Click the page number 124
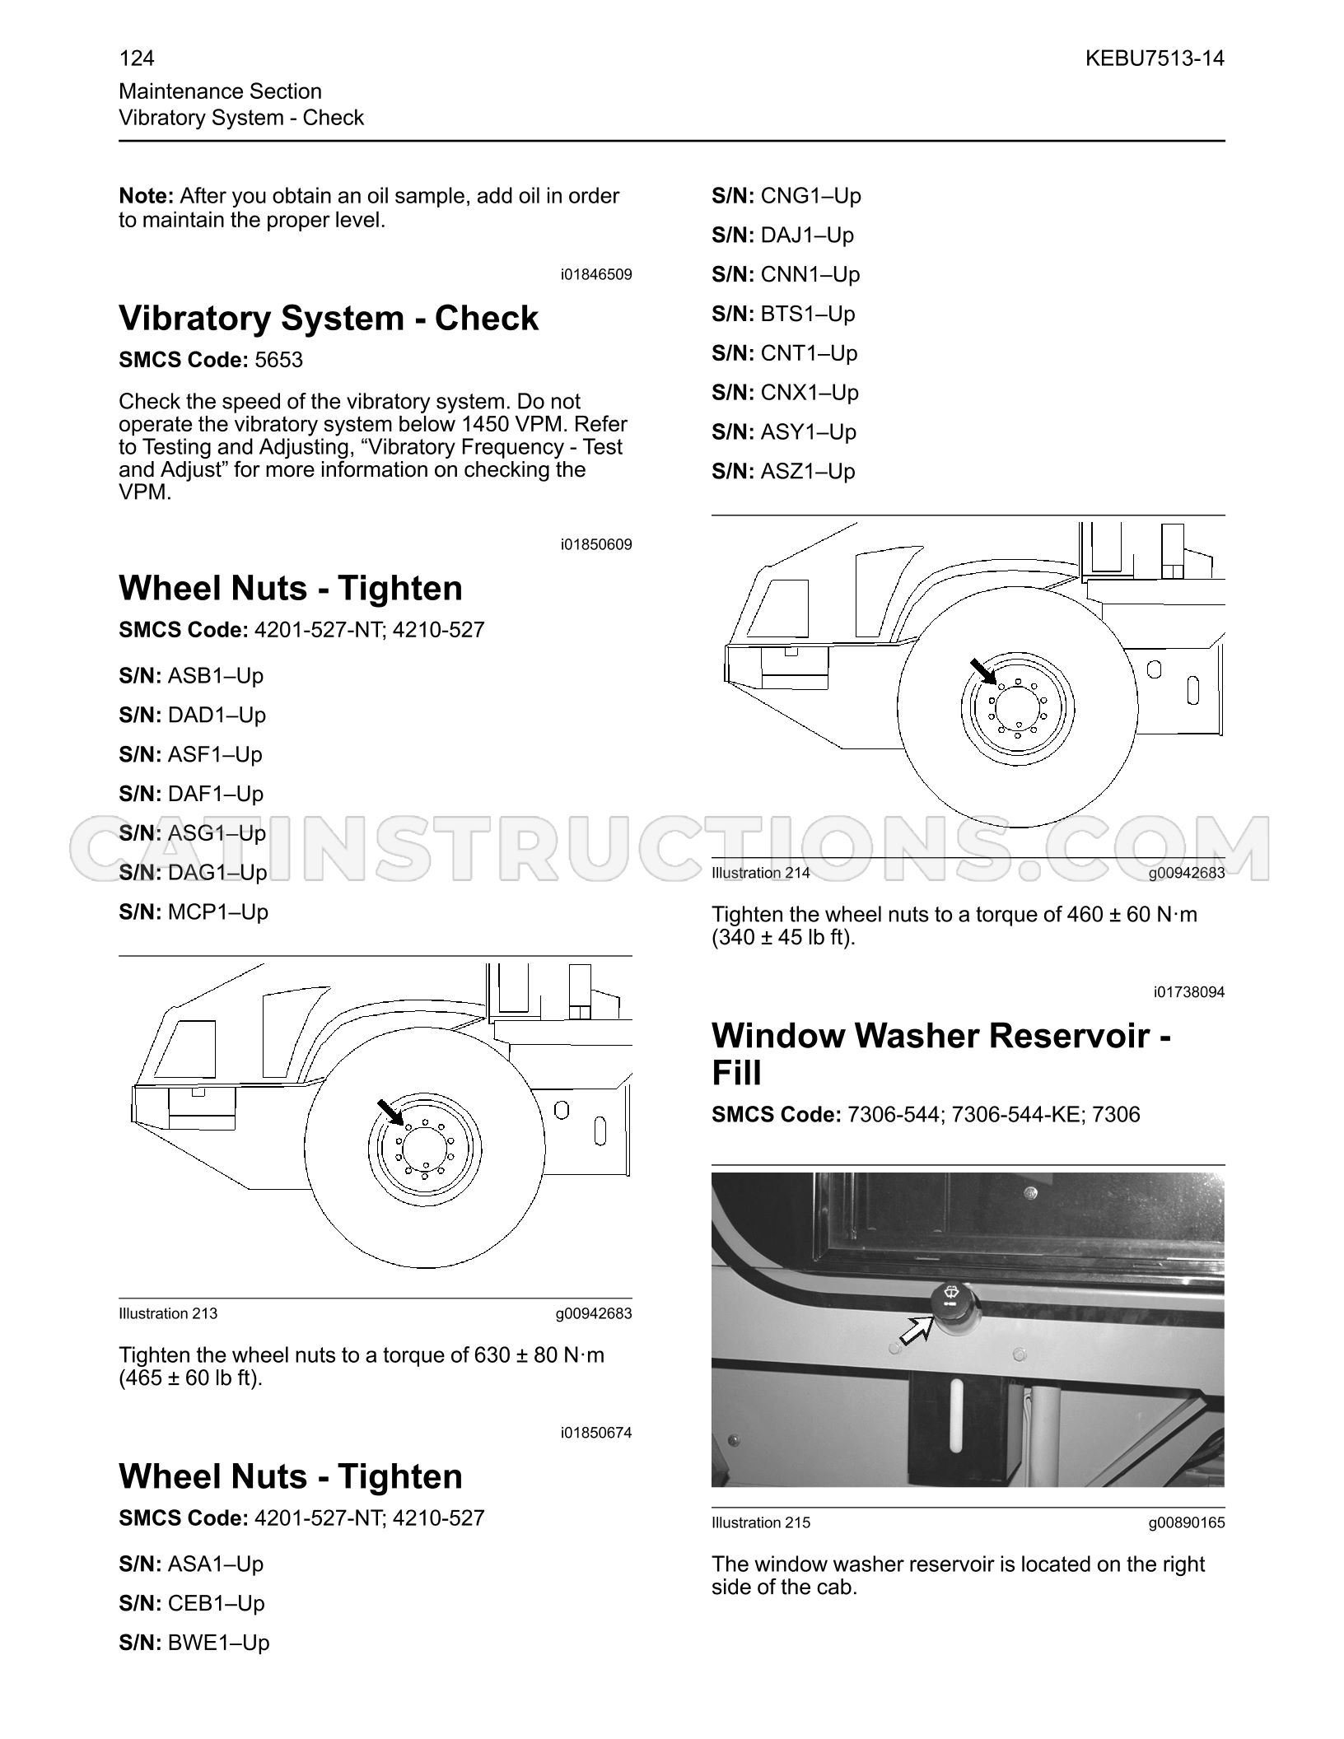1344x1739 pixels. [137, 58]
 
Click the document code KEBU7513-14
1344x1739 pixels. [1155, 58]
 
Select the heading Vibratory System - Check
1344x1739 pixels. [329, 318]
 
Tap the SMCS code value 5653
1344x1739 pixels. [279, 360]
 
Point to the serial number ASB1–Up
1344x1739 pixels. [216, 676]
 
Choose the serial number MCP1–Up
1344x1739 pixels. [218, 912]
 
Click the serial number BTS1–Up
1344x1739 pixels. [808, 314]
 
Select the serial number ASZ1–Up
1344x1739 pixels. [808, 472]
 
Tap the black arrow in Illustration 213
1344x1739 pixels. [390, 1112]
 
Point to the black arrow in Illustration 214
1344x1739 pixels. [982, 672]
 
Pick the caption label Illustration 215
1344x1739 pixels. [761, 1522]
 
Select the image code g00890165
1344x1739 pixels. [1187, 1522]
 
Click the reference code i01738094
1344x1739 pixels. [1189, 992]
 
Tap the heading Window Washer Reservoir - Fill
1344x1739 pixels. [941, 1054]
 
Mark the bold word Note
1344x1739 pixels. [147, 196]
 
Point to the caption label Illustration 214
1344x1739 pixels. [761, 873]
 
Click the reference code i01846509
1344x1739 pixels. [596, 274]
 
